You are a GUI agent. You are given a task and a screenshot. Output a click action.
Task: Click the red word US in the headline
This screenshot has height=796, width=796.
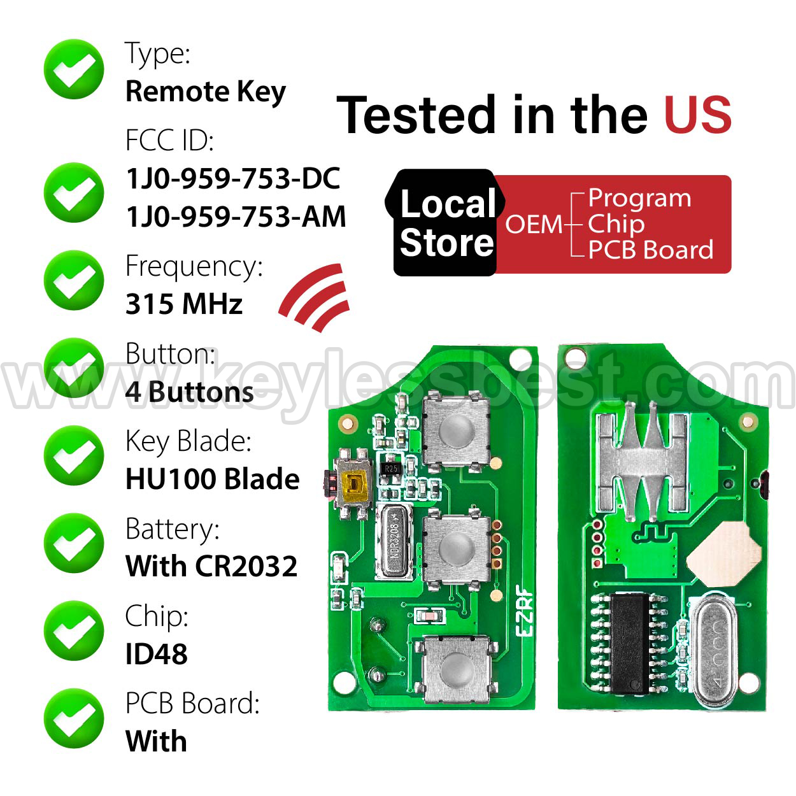pyautogui.click(x=698, y=115)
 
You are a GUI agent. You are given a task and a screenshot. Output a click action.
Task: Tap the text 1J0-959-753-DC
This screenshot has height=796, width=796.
pyautogui.click(x=234, y=178)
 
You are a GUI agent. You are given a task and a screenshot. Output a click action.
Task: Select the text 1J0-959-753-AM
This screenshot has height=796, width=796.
pyautogui.click(x=236, y=217)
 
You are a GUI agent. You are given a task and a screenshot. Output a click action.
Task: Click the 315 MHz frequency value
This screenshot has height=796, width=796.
pyautogui.click(x=184, y=304)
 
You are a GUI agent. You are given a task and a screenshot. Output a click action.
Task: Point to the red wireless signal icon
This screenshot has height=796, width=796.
pyautogui.click(x=315, y=297)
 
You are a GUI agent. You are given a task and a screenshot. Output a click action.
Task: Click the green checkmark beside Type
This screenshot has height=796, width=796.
pyautogui.click(x=74, y=69)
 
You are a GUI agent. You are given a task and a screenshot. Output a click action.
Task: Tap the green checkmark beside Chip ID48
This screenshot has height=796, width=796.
pyautogui.click(x=74, y=630)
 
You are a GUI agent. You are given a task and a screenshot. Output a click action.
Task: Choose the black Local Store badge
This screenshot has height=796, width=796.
pyautogui.click(x=445, y=223)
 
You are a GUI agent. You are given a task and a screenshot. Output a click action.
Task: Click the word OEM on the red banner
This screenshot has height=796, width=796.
pyautogui.click(x=534, y=224)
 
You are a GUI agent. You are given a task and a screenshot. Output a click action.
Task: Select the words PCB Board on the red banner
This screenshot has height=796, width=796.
pyautogui.click(x=651, y=250)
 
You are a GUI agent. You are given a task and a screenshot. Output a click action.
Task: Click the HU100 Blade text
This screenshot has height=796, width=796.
pyautogui.click(x=212, y=479)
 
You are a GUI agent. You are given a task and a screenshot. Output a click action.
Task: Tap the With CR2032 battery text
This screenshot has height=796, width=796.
pyautogui.click(x=211, y=566)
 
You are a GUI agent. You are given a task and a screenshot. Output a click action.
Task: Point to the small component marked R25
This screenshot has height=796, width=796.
pyautogui.click(x=390, y=468)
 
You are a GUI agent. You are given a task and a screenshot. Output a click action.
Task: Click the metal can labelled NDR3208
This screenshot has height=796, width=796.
pyautogui.click(x=394, y=541)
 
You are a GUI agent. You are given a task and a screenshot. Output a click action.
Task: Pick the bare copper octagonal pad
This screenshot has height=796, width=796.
pyautogui.click(x=723, y=554)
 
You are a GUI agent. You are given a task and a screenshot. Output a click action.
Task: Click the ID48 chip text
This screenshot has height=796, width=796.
pyautogui.click(x=157, y=653)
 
